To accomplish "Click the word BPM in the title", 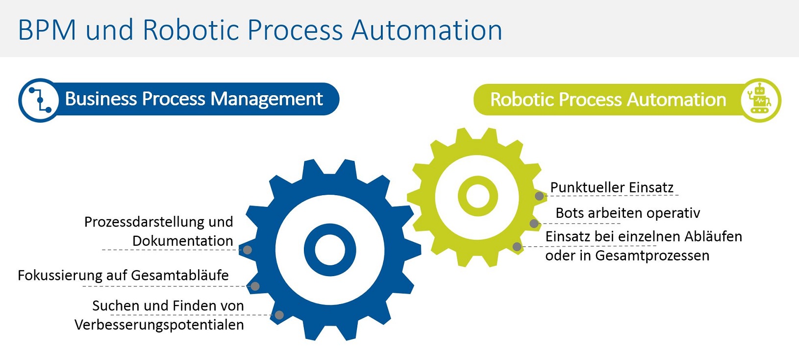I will (47, 30).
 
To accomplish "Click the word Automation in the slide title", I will (426, 30).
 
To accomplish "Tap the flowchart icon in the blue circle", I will (39, 100).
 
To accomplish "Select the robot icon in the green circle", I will (760, 100).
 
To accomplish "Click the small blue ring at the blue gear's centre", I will (329, 250).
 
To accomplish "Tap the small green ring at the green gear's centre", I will (477, 196).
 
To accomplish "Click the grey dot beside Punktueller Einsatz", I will (539, 196).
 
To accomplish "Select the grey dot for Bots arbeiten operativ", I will (534, 224).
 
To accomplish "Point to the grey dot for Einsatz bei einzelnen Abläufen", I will (517, 247).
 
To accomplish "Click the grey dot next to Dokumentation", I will (248, 250).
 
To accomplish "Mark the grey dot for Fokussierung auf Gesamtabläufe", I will (255, 286).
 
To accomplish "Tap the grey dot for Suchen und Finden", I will (279, 315).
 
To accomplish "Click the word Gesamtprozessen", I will (652, 256).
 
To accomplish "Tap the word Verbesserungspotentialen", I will (159, 325).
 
